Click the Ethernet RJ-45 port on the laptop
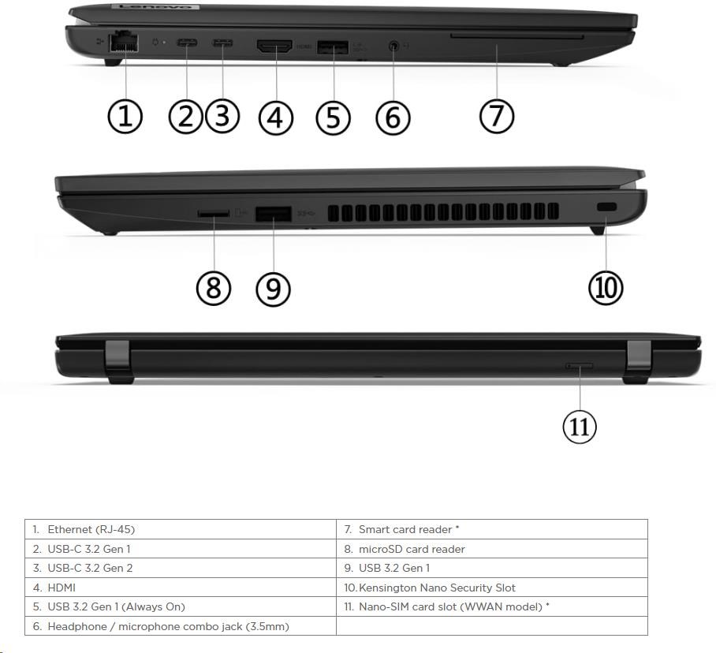[x=123, y=42]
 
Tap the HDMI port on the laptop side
[x=275, y=46]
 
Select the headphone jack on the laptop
[x=394, y=46]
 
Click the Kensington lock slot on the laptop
[x=606, y=207]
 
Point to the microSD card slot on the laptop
[x=213, y=213]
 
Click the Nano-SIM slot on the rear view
[x=580, y=366]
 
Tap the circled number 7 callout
[x=497, y=117]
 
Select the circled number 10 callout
[x=606, y=288]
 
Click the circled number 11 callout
[x=580, y=427]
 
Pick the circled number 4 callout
[x=276, y=118]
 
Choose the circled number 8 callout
[x=214, y=289]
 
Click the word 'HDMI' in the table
[x=62, y=588]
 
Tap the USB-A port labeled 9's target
[x=273, y=215]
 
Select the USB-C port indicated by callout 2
[x=187, y=44]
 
